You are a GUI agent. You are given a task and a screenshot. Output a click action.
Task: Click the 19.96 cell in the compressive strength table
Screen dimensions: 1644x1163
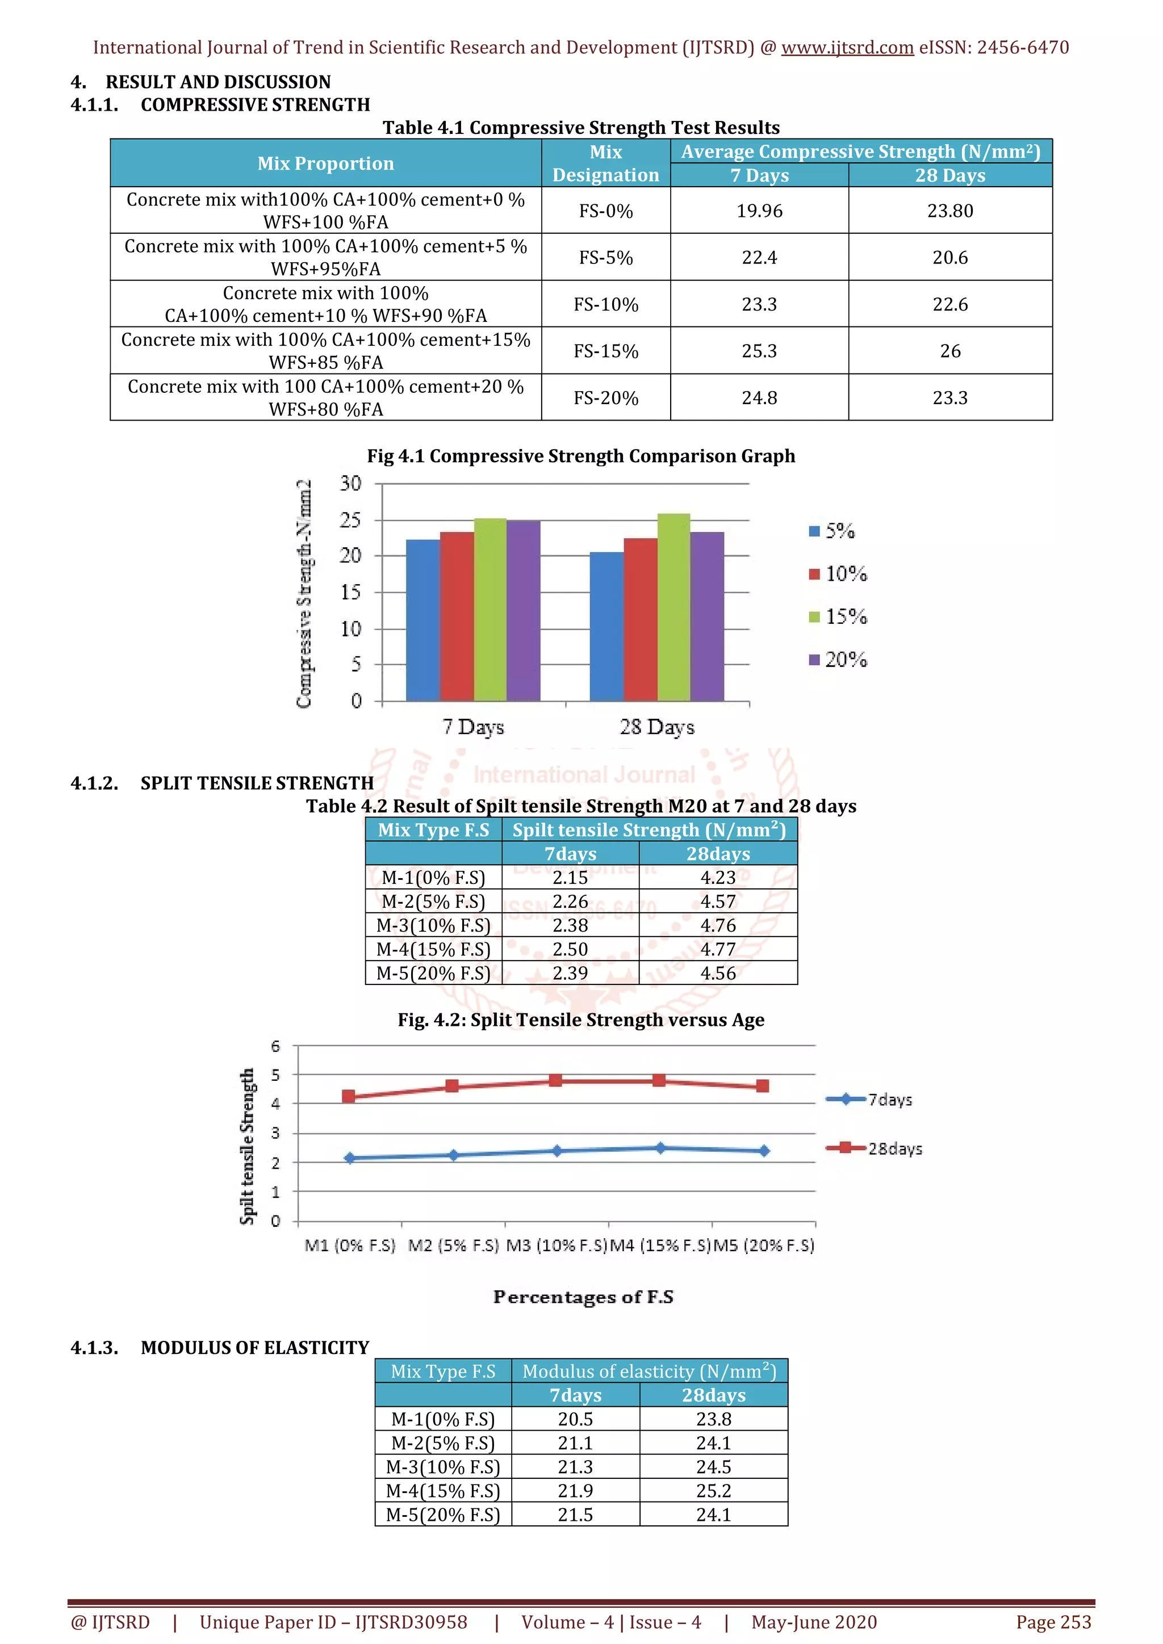pyautogui.click(x=759, y=211)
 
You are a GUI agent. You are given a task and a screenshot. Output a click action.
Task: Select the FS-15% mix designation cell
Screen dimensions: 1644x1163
pyautogui.click(x=606, y=351)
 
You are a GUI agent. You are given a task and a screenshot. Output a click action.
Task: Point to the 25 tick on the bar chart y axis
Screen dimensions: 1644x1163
pyautogui.click(x=350, y=521)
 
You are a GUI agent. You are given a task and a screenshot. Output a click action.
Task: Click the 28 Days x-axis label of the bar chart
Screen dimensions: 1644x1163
pyautogui.click(x=656, y=728)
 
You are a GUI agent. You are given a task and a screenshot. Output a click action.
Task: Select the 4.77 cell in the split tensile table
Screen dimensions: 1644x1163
pyautogui.click(x=718, y=950)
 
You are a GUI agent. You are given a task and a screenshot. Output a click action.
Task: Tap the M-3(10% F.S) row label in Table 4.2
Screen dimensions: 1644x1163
pyautogui.click(x=433, y=926)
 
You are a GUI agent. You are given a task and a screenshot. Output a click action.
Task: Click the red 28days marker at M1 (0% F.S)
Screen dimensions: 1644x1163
pyautogui.click(x=349, y=1096)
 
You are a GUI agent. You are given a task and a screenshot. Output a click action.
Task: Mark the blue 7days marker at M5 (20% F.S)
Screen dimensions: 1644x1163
pyautogui.click(x=764, y=1151)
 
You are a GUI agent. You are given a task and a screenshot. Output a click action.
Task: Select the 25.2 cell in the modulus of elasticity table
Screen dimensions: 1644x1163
pyautogui.click(x=713, y=1491)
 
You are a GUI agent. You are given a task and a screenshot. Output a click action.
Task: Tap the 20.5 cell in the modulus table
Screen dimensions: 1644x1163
pyautogui.click(x=575, y=1419)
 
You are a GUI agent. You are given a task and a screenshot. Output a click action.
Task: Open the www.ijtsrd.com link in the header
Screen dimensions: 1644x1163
pyautogui.click(x=847, y=48)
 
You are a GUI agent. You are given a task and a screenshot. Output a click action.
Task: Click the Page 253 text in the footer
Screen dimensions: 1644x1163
pyautogui.click(x=1053, y=1622)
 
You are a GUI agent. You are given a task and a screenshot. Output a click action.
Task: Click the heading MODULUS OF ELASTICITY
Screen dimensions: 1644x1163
pyautogui.click(x=254, y=1348)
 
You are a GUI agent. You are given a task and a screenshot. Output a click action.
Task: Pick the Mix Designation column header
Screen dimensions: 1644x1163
pyautogui.click(x=606, y=163)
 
